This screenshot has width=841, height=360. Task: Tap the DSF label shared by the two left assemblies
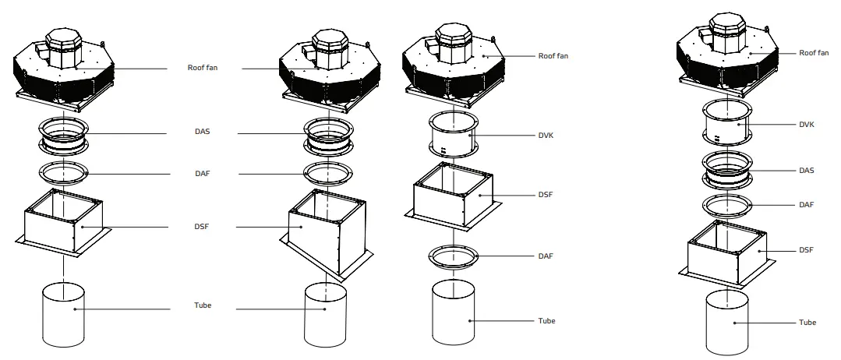click(x=202, y=227)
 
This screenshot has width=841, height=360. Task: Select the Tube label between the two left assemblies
click(x=202, y=305)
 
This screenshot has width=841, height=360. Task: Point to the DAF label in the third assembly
click(x=546, y=256)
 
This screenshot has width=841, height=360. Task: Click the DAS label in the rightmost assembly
click(x=807, y=170)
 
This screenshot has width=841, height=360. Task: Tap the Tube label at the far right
click(x=807, y=322)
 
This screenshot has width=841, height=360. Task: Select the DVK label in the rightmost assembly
click(x=807, y=124)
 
